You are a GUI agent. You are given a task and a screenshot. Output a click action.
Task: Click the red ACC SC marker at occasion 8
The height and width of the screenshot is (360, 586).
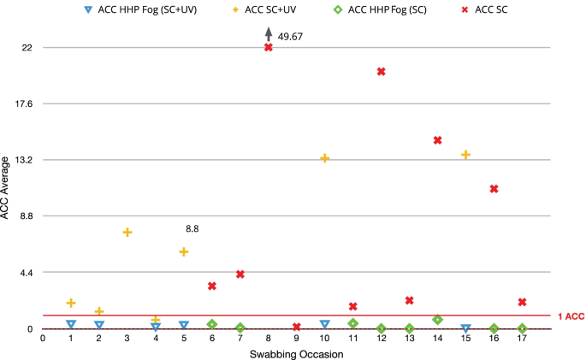(x=269, y=47)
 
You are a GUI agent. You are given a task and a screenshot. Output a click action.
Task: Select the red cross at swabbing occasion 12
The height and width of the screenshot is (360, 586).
(x=382, y=71)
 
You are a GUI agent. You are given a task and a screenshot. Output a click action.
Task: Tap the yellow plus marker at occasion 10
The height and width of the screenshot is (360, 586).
(x=325, y=158)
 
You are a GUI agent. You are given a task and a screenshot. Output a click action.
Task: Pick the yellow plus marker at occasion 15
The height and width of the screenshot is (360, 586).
(x=466, y=155)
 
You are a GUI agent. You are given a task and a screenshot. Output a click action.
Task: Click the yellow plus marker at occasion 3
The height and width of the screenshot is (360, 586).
(x=127, y=233)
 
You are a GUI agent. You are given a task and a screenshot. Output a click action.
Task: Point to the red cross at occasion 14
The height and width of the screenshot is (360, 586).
(x=438, y=140)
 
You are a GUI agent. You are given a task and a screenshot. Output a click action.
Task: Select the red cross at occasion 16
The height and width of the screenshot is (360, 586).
(x=494, y=188)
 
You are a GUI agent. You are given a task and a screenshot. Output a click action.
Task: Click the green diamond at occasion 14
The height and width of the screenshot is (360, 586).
(x=438, y=320)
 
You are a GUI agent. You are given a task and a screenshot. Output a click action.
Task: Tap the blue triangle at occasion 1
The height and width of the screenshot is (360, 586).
(x=71, y=324)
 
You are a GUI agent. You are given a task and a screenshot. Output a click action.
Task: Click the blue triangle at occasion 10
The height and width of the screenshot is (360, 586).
(x=325, y=324)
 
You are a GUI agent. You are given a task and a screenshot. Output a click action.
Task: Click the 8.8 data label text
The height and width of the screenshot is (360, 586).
(x=192, y=229)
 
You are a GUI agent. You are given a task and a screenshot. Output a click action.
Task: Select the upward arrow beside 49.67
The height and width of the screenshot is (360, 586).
(x=269, y=33)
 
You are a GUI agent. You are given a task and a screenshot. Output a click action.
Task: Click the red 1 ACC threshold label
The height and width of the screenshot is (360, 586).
(x=570, y=316)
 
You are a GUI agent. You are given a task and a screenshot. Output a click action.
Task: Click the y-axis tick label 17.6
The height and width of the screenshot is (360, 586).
(x=21, y=103)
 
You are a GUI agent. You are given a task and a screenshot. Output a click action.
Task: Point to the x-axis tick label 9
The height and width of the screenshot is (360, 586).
(x=297, y=339)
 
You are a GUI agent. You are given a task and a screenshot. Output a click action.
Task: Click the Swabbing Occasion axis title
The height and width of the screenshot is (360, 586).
(x=296, y=353)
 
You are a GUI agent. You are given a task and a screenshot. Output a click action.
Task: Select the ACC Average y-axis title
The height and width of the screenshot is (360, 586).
(x=7, y=186)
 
